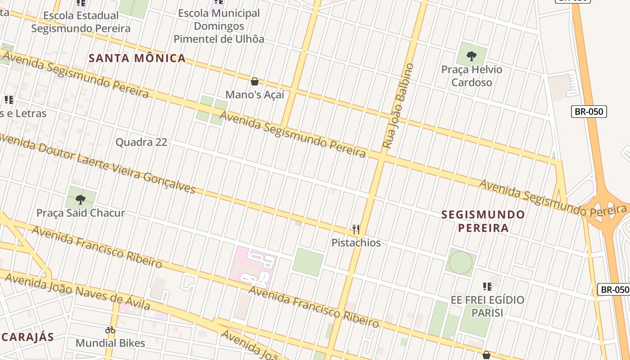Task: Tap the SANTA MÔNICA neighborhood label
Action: pos(137,58)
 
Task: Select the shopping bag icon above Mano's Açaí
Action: pos(255,81)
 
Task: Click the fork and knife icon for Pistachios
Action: pos(356,229)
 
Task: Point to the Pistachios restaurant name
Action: pos(356,243)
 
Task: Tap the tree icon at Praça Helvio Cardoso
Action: pos(472,56)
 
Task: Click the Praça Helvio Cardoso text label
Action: pos(472,76)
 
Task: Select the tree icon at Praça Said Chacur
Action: pos(81,199)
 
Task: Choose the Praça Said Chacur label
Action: pos(81,213)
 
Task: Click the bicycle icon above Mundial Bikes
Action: pos(110,330)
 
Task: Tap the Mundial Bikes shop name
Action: pos(110,343)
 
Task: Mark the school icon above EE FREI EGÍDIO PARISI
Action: pos(487,286)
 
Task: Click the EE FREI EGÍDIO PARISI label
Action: pos(487,306)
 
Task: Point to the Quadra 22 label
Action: pos(141,142)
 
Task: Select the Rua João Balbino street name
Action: pos(398,106)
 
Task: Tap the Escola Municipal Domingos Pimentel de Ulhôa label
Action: pos(219,26)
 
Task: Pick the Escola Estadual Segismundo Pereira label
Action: pos(81,22)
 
